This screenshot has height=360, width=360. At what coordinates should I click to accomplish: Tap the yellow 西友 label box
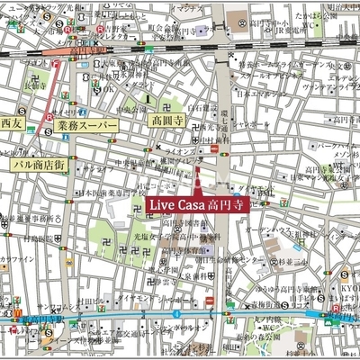coord(11,122)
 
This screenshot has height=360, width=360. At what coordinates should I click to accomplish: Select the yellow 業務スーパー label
coord(86,126)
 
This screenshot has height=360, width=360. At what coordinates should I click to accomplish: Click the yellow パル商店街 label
coord(38,165)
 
